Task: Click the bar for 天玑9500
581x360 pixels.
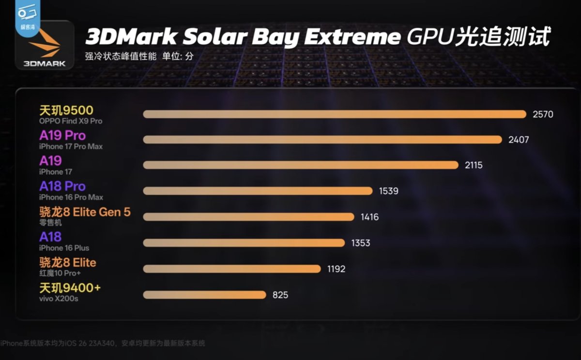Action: (334, 114)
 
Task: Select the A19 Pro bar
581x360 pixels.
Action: (322, 139)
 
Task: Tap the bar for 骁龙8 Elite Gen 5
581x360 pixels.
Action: (248, 217)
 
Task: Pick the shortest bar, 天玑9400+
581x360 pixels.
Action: (204, 294)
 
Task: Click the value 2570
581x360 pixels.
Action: (542, 115)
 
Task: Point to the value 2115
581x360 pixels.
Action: (473, 165)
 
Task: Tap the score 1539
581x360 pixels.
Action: (388, 191)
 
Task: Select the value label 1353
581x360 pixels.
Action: (361, 243)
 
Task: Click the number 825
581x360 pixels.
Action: (280, 294)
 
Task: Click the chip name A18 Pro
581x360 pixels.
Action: (62, 186)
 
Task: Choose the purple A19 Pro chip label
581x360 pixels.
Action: (62, 135)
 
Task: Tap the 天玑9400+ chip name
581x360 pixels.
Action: (70, 288)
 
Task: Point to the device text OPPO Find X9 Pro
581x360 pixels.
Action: (71, 121)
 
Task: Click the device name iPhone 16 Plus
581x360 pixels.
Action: (64, 248)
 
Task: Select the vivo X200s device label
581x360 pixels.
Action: (59, 299)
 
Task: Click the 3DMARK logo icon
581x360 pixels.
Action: (44, 46)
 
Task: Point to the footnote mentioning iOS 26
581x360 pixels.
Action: (103, 343)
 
